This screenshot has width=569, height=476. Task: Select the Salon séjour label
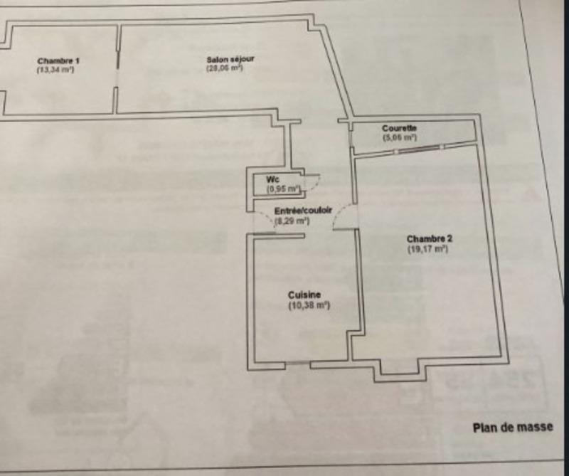click(x=225, y=59)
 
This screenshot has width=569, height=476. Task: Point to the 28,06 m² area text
click(x=225, y=68)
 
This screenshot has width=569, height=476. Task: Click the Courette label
click(x=399, y=127)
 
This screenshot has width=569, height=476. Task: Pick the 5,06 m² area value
click(x=399, y=137)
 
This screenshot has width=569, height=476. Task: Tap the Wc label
click(x=272, y=179)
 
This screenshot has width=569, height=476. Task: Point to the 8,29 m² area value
click(x=291, y=221)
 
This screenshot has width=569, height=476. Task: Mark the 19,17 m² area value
click(x=427, y=250)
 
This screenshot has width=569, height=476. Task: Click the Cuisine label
click(x=305, y=295)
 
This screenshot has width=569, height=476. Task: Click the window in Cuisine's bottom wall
click(x=298, y=364)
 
